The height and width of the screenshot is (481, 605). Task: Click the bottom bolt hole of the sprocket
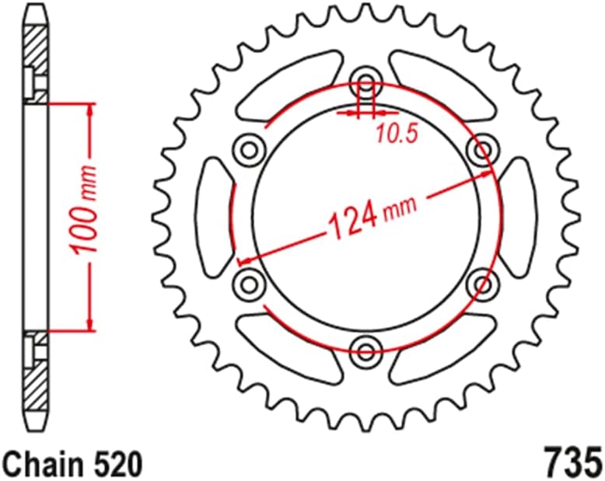coord(365,346)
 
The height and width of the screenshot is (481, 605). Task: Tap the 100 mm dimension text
coord(86,210)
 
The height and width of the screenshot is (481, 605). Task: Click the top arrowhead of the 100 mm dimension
coord(91,110)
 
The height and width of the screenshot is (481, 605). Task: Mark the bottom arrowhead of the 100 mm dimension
coord(91,324)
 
